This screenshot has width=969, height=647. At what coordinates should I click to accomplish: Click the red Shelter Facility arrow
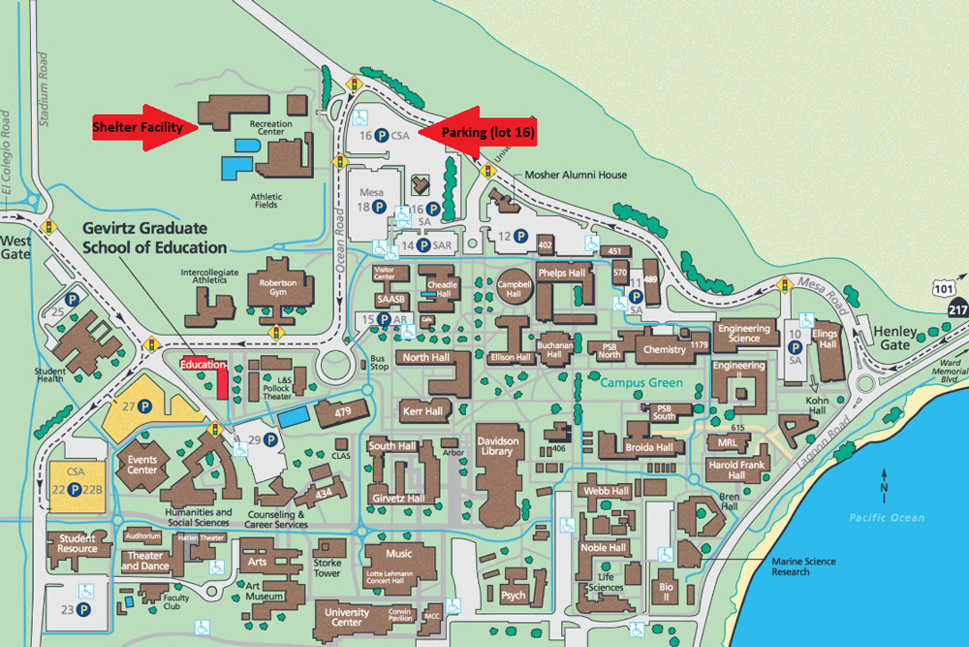pos(145,127)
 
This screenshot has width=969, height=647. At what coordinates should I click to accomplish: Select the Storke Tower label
pos(328,567)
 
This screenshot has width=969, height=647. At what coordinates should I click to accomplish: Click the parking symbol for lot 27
pos(144,406)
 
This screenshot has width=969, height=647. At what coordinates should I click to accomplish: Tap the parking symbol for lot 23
pos(84,610)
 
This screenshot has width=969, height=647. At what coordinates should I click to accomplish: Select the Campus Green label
pos(641,382)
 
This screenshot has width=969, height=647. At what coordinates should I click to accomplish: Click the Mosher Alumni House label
pos(576,176)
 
